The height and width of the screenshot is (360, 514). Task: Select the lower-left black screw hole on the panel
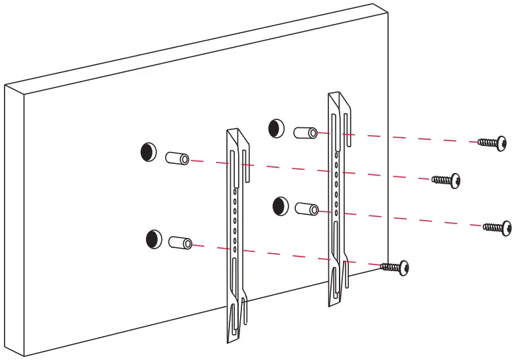click(x=154, y=239)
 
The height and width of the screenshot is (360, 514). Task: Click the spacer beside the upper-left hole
click(x=177, y=158)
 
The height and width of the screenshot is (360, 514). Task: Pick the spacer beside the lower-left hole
click(x=180, y=243)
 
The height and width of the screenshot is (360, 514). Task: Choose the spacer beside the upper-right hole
click(x=304, y=132)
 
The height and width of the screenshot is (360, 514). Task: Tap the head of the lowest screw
click(x=403, y=268)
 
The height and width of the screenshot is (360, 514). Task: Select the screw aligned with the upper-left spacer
click(x=446, y=180)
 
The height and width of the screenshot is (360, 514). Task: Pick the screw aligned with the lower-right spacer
click(x=497, y=227)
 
